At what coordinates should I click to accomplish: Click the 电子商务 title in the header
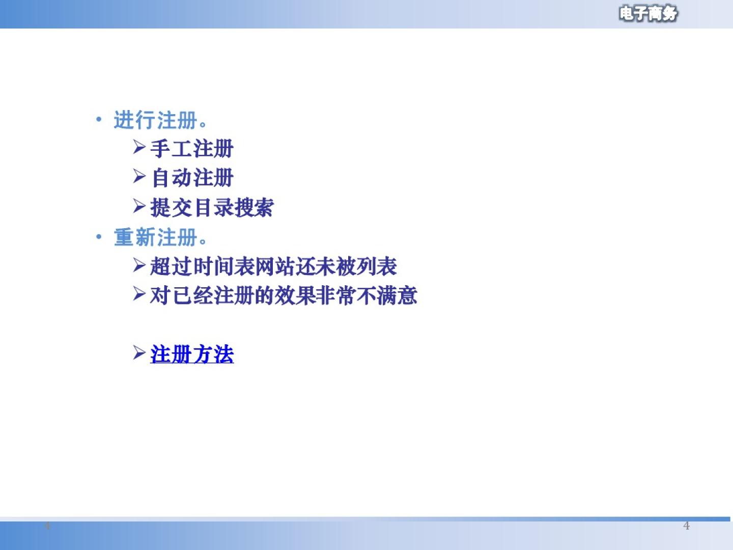[x=648, y=14]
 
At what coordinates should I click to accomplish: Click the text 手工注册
[x=192, y=149]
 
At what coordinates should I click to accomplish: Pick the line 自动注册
[x=192, y=178]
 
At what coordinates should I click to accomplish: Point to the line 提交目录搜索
[x=212, y=207]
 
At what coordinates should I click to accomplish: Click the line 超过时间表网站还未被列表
[x=273, y=266]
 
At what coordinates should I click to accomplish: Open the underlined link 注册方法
[x=192, y=354]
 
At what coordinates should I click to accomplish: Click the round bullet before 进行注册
[x=99, y=119]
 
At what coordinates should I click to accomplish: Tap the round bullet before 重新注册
[x=99, y=237]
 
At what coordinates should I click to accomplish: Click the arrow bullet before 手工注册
[x=139, y=147]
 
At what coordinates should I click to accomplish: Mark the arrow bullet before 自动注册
[x=139, y=176]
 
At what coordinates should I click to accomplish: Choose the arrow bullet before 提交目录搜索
[x=139, y=205]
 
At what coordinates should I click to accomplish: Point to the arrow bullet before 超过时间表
[x=139, y=265]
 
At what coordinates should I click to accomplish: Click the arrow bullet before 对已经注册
[x=139, y=294]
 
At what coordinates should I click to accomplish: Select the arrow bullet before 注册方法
[x=139, y=352]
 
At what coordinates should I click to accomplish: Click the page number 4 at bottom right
[x=686, y=526]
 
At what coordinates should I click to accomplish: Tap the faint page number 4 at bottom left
[x=47, y=526]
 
